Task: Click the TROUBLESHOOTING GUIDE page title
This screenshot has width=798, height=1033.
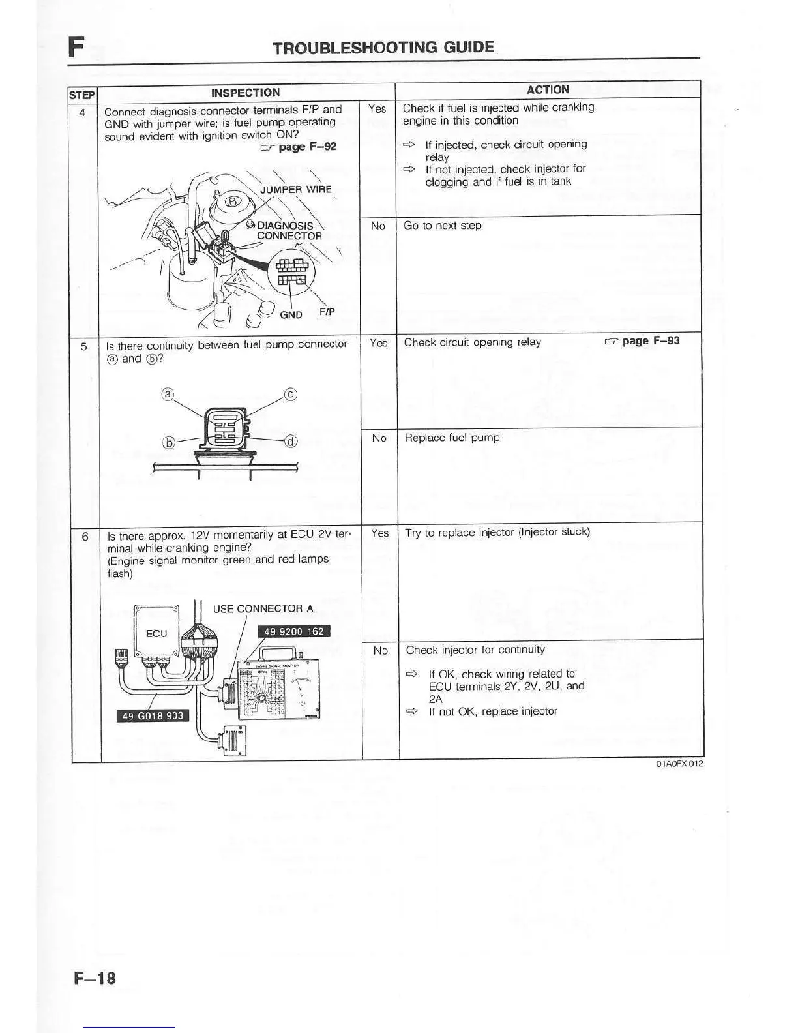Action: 383,47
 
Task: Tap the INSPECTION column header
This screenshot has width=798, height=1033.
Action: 246,93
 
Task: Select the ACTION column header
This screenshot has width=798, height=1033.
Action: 548,89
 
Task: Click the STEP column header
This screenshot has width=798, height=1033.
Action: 83,95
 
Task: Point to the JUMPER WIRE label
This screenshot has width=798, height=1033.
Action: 295,190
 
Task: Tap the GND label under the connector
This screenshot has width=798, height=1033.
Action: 291,314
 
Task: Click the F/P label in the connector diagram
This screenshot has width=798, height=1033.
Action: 327,312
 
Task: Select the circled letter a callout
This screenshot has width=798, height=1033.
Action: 168,394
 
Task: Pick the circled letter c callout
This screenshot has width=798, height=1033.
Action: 291,394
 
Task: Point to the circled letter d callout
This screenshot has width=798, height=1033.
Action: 291,442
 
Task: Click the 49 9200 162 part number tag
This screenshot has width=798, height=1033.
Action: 293,631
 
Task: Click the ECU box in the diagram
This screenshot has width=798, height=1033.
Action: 156,633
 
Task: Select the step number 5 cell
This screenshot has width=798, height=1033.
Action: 84,346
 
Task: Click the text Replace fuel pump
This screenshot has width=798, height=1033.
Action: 452,438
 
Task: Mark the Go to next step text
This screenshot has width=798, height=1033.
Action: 443,226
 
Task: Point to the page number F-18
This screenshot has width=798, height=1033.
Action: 95,978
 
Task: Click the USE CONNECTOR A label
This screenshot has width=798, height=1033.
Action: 263,608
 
